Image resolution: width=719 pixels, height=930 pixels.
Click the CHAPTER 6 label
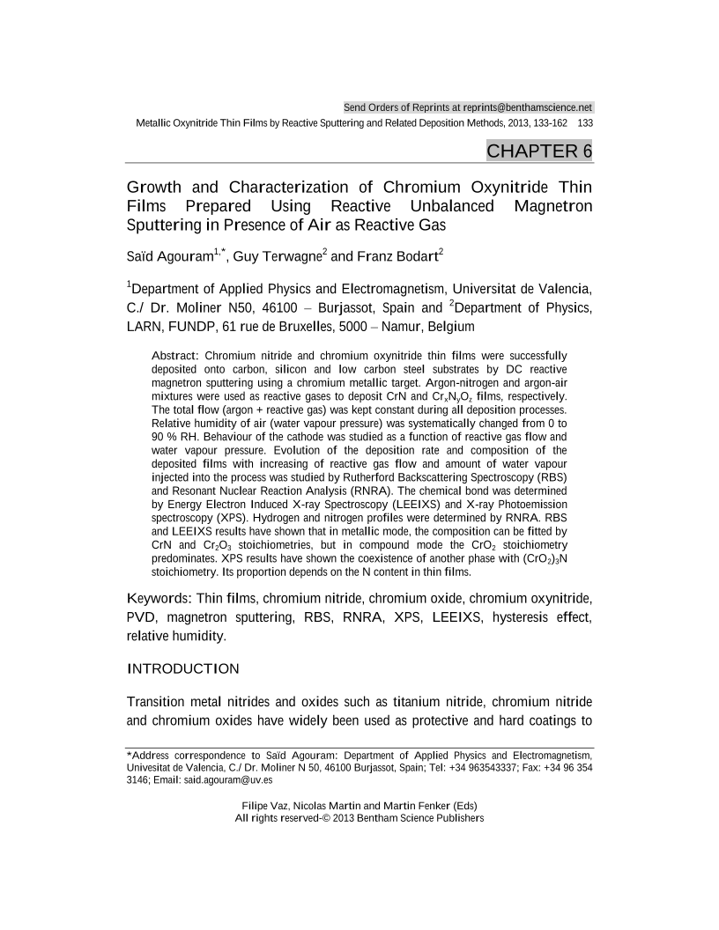coord(539,151)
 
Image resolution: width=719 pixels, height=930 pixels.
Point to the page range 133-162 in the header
coord(546,122)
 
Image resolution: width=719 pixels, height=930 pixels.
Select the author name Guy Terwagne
coord(277,257)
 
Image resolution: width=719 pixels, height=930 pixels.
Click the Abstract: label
coord(176,355)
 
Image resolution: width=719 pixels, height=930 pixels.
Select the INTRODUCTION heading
coord(183,668)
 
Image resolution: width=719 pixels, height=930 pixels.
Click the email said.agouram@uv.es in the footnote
coord(228,779)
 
